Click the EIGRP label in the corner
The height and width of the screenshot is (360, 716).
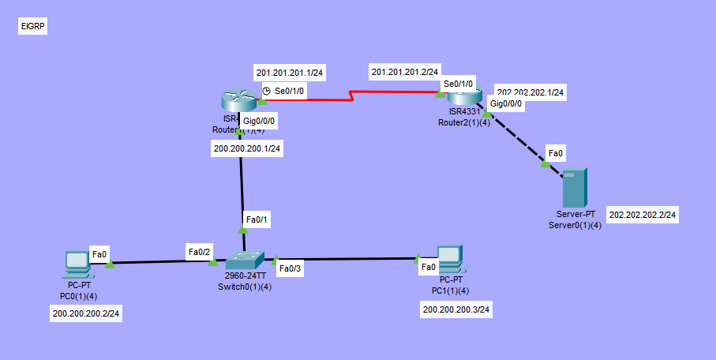(x=33, y=27)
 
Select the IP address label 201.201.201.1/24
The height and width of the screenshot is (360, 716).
(x=290, y=73)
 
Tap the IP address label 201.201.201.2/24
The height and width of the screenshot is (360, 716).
(x=405, y=73)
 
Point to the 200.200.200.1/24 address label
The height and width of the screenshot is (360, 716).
(x=247, y=148)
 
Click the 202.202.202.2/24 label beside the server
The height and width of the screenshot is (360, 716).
(x=643, y=215)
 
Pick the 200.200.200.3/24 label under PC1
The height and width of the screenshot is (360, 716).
(x=457, y=309)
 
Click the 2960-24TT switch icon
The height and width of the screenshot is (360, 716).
(x=245, y=261)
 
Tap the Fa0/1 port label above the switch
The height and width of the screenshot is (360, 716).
(x=257, y=219)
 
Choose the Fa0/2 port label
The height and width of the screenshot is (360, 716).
(x=199, y=252)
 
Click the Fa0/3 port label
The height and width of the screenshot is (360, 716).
(x=291, y=268)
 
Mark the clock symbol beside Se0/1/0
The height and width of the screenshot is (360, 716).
(x=267, y=92)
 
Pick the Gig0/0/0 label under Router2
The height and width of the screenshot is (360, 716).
(x=505, y=103)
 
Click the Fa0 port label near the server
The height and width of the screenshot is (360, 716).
(x=555, y=152)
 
